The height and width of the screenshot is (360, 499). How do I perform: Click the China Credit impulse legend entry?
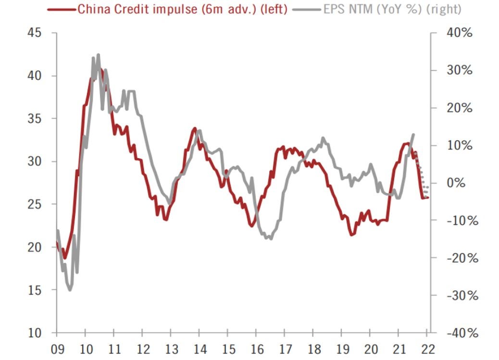(x=183, y=9)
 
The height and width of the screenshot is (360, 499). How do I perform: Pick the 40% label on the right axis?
(x=460, y=33)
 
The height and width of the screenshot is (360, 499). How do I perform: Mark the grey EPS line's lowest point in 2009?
(x=70, y=290)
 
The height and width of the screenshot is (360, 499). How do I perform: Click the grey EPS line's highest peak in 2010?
(x=98, y=55)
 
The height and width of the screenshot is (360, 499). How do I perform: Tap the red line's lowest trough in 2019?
(x=351, y=235)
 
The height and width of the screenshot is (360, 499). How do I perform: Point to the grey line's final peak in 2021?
(x=413, y=134)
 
